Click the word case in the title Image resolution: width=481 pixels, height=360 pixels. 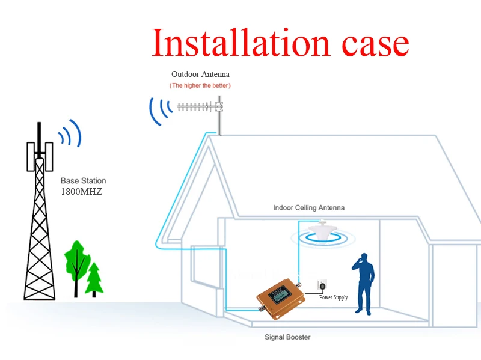[x=369, y=43]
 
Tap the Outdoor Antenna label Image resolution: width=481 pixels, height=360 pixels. [x=200, y=74]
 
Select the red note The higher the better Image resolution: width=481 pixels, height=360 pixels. [x=200, y=86]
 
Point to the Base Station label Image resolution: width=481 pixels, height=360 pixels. [x=83, y=180]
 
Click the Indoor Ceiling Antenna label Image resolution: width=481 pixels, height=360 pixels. [x=309, y=207]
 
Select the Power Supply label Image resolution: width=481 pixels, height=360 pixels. [x=333, y=297]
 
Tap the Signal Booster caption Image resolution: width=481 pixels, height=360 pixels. [x=287, y=337]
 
